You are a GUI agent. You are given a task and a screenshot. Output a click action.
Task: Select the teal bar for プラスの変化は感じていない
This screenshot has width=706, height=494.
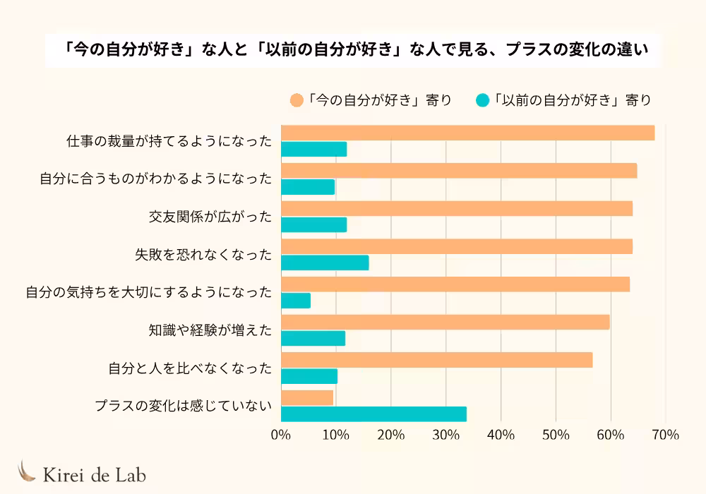(373, 414)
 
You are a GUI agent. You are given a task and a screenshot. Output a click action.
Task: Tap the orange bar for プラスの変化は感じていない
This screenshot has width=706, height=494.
(307, 398)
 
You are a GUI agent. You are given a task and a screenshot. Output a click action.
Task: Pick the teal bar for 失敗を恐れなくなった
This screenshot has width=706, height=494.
(325, 263)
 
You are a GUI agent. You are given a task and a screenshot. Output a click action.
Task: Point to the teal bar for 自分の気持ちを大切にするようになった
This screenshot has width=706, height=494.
(296, 301)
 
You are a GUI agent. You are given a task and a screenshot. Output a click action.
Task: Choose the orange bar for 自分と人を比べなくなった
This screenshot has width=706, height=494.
(436, 360)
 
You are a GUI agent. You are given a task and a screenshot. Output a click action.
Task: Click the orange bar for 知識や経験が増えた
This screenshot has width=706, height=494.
(445, 322)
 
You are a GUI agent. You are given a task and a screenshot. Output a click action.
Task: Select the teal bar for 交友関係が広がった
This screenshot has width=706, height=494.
(313, 224)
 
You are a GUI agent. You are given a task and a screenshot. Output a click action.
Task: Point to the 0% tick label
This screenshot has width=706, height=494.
(281, 435)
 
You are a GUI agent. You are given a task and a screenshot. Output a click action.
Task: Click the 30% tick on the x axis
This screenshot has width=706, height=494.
(445, 435)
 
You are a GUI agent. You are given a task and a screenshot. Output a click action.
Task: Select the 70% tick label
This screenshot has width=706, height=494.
(665, 435)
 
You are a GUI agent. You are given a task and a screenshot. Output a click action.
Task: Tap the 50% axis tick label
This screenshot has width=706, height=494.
(556, 435)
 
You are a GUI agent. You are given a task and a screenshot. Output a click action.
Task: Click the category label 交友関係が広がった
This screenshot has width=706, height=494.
(210, 217)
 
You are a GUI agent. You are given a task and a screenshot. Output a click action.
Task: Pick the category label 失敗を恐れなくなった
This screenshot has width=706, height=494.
(203, 255)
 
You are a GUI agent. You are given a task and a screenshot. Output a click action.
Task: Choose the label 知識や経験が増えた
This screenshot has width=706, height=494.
(210, 330)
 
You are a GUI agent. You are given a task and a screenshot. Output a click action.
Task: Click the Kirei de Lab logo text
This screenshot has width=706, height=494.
(95, 475)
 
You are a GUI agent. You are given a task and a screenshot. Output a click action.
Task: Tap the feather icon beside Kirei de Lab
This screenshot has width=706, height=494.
(27, 471)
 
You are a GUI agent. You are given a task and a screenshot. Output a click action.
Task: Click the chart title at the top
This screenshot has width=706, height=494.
(353, 51)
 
